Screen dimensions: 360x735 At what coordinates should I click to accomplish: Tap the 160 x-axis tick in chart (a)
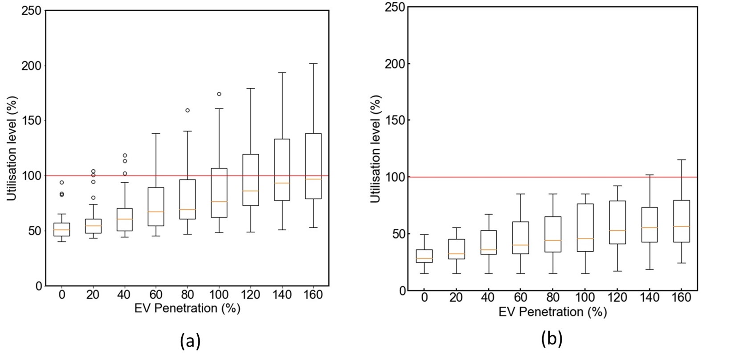coord(313,295)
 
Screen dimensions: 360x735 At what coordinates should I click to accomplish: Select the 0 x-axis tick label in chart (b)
coord(424,298)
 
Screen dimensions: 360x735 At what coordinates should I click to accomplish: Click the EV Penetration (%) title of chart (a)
coord(187,308)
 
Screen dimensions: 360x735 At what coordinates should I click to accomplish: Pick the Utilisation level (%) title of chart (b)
coord(376,148)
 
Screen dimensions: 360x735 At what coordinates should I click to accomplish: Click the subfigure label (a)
coord(190,341)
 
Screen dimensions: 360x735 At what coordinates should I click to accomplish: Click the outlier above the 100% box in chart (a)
coord(219,94)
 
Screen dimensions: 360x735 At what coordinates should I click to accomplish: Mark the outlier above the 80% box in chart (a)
coord(188,110)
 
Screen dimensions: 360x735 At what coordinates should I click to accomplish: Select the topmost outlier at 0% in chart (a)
coord(62,182)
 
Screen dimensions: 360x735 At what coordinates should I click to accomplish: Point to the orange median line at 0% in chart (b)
coord(424,258)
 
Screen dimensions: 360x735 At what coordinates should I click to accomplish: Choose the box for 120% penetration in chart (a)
coord(250,180)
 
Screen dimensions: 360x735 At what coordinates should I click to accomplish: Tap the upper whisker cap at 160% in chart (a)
coord(313,64)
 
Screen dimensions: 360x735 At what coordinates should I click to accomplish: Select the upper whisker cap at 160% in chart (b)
coord(682,160)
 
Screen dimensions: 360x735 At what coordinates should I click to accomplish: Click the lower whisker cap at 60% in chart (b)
coord(521,274)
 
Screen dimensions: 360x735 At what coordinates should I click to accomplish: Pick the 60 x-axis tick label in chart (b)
coord(521,298)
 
